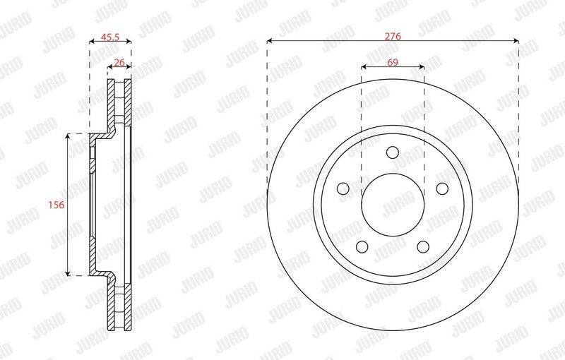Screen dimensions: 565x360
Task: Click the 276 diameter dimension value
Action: tap(393, 36)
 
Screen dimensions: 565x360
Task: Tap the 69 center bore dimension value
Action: tap(393, 62)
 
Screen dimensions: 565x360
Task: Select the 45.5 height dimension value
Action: tap(110, 37)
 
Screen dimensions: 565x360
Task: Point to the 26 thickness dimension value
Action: tap(119, 62)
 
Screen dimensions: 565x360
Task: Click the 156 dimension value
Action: tap(56, 205)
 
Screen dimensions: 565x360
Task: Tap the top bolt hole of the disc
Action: tap(393, 152)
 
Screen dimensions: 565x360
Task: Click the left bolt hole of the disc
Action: tap(343, 188)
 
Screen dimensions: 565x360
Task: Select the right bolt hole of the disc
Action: tap(442, 188)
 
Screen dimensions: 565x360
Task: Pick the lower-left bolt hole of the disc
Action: tap(362, 246)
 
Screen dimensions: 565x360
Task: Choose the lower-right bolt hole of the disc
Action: tap(423, 246)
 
